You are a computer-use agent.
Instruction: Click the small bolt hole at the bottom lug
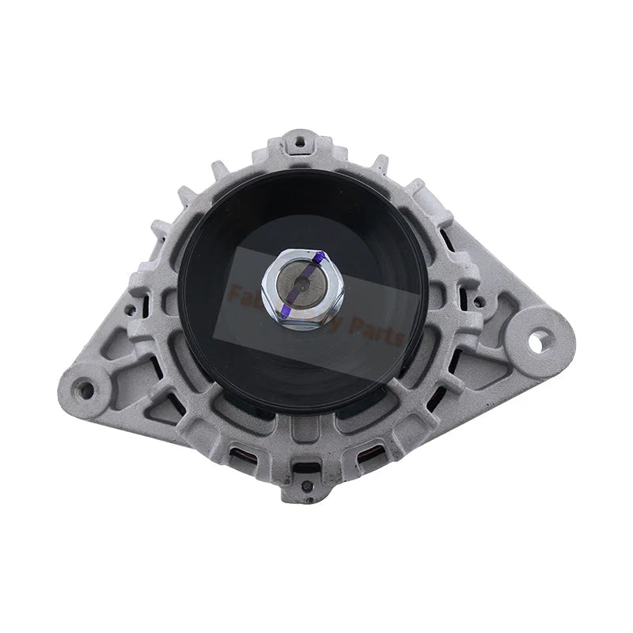(305, 484)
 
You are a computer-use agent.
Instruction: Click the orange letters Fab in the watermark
(242, 294)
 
